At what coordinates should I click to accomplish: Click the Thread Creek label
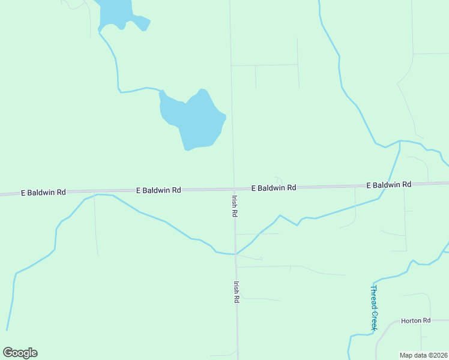373,308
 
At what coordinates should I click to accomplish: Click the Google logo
20,353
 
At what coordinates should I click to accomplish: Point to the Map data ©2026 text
424,355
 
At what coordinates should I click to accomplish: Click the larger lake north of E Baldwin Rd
193,120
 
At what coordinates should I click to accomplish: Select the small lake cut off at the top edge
117,12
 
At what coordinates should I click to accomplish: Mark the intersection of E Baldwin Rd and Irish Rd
234,188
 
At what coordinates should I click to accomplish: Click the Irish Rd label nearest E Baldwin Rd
235,205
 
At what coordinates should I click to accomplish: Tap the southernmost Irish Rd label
237,292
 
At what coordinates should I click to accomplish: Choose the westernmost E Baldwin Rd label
43,193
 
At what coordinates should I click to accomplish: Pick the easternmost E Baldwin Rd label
388,185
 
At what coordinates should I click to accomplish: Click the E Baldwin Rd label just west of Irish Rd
158,190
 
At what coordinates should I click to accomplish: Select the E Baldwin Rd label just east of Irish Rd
274,188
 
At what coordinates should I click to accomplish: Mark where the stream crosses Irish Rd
235,254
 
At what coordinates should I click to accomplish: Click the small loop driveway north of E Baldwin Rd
278,181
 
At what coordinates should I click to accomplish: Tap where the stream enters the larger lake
161,92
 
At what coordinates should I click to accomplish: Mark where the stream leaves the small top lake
100,31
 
